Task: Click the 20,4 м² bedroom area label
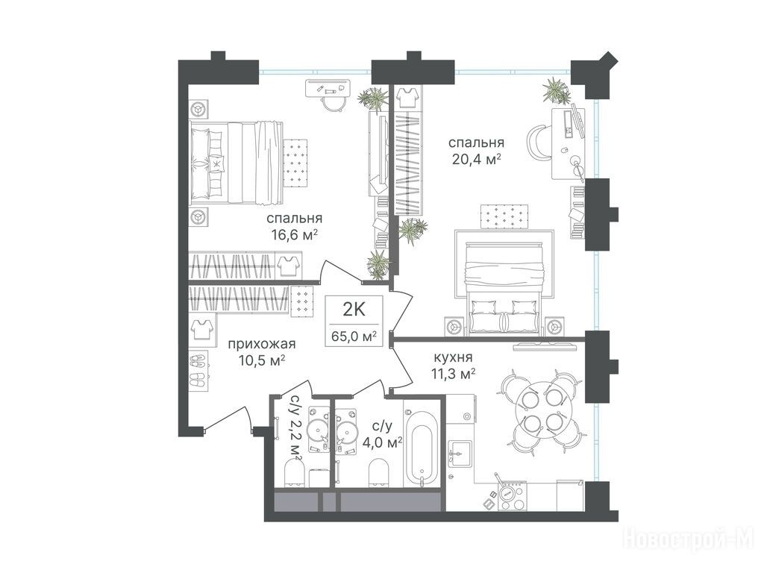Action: [477, 160]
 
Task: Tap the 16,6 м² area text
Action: [294, 235]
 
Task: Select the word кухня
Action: [453, 357]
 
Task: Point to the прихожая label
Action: [262, 344]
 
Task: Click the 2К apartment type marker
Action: [354, 309]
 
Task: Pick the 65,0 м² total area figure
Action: [354, 336]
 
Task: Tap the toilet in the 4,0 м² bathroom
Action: [379, 472]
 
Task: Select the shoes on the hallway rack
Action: [199, 371]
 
